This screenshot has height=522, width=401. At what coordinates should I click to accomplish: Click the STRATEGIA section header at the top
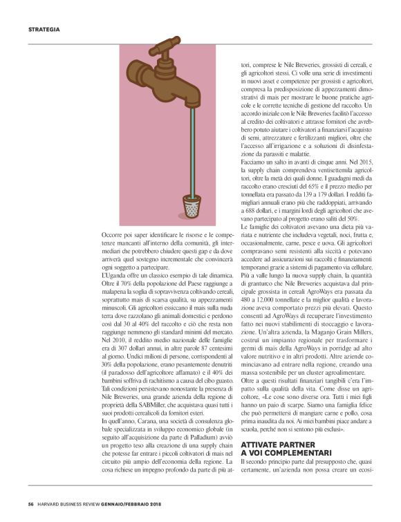[44, 29]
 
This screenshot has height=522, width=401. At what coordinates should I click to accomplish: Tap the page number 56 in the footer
[31, 503]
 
